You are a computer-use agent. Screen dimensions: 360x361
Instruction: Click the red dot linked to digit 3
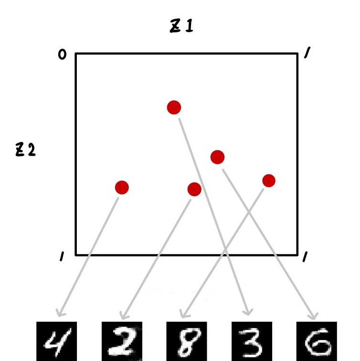click(x=174, y=107)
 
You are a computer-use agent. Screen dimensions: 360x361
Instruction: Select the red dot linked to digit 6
click(x=217, y=157)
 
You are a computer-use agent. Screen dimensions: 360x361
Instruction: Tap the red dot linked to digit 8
click(x=269, y=180)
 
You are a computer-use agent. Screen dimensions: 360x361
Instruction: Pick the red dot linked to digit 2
click(x=194, y=189)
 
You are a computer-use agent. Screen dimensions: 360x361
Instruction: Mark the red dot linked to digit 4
click(x=122, y=188)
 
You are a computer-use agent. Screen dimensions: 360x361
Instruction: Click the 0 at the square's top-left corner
click(x=62, y=55)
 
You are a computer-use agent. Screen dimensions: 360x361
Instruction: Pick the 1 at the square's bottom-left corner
click(x=62, y=258)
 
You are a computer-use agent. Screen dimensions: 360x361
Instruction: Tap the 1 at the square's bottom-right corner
click(x=304, y=258)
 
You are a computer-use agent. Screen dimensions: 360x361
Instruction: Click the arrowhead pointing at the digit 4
click(x=60, y=314)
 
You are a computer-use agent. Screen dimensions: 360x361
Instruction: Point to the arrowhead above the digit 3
click(x=247, y=312)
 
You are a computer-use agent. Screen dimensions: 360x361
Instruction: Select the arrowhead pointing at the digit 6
click(x=314, y=316)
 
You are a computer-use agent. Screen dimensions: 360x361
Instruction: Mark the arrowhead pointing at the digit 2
click(x=122, y=316)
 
